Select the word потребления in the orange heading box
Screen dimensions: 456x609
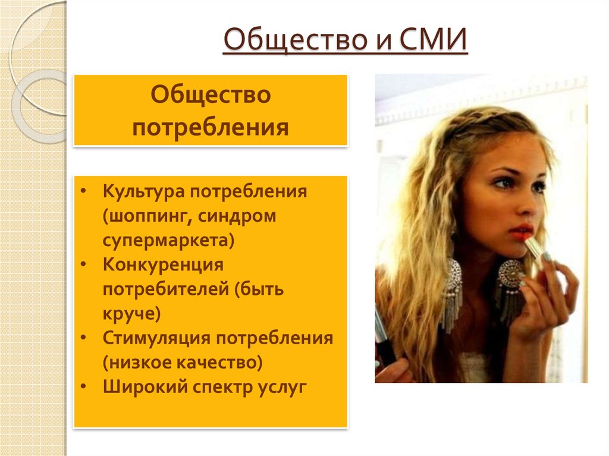coord(211,127)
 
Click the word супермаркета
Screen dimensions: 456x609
coord(166,241)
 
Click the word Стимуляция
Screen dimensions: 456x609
coord(156,338)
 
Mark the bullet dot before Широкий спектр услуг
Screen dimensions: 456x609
coord(84,386)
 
